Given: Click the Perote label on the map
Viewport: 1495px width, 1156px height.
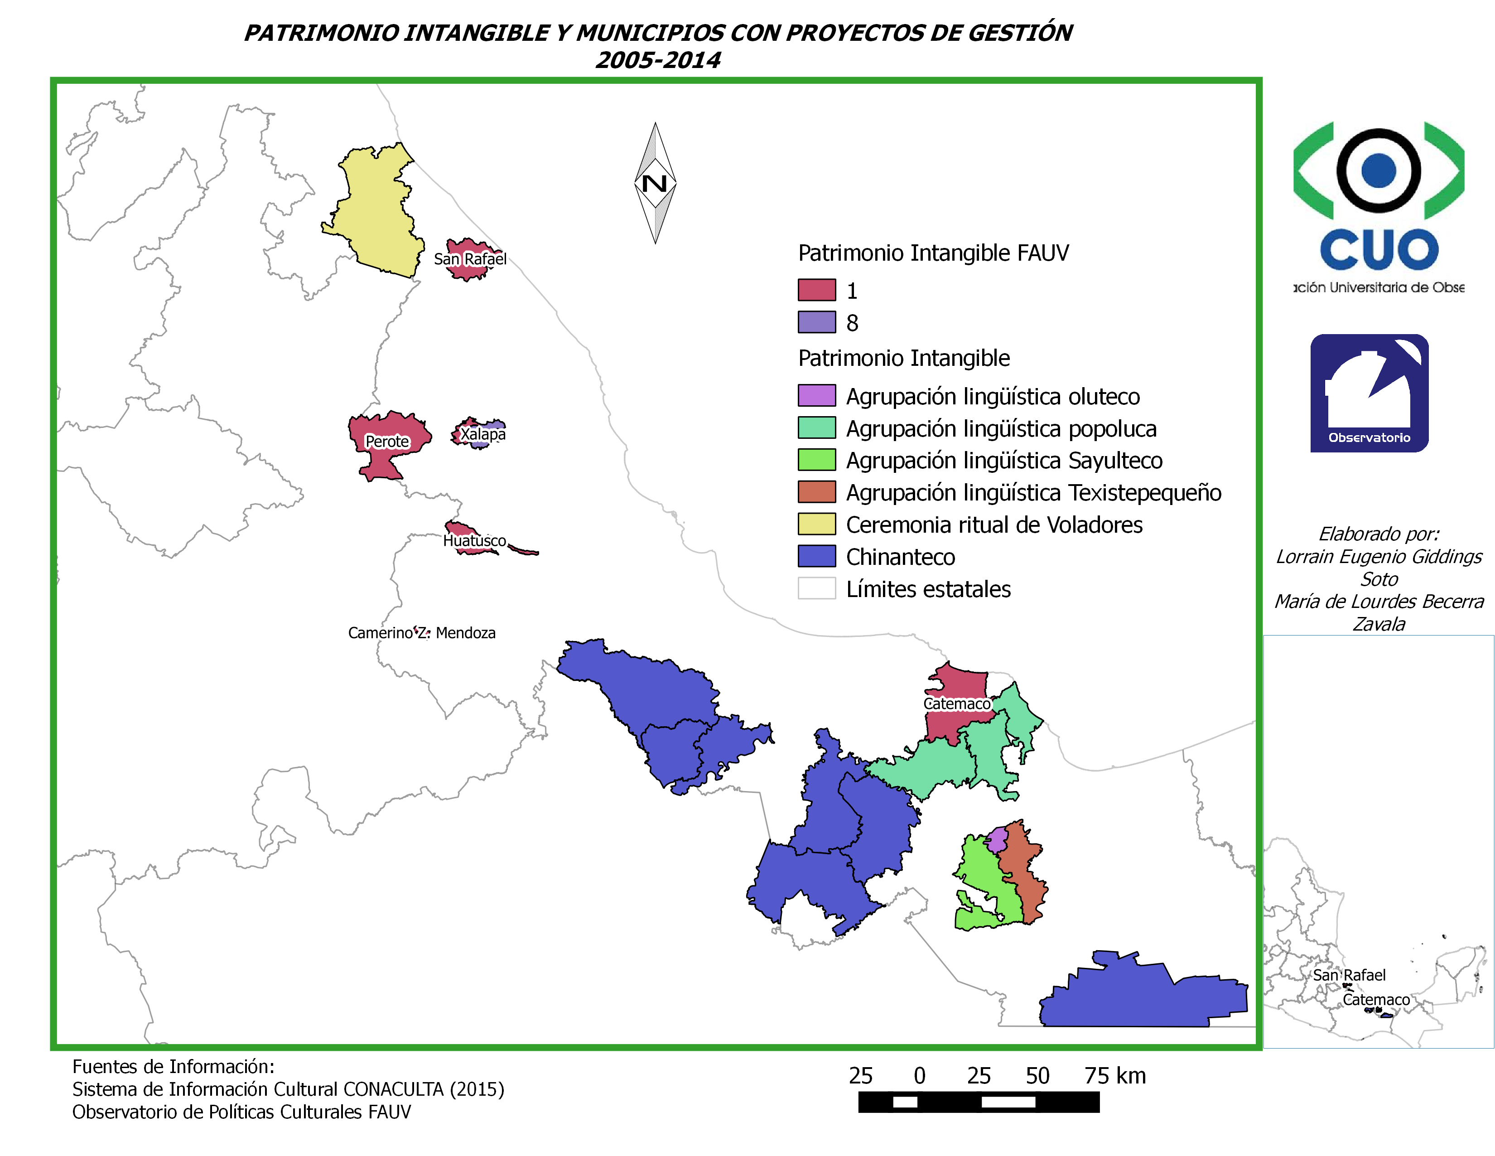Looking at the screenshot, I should (387, 442).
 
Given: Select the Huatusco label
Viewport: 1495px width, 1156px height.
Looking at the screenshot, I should (474, 541).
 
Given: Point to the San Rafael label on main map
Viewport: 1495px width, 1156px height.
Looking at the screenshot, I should (470, 259).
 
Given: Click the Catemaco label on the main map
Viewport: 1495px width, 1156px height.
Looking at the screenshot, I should (957, 704).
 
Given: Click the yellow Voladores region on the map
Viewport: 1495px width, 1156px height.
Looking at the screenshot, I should (376, 212).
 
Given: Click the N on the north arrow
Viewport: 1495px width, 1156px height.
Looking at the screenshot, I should (655, 184).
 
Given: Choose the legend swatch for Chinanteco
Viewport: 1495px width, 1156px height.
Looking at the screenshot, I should (817, 556).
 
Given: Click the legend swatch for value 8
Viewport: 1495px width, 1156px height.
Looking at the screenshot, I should (817, 322).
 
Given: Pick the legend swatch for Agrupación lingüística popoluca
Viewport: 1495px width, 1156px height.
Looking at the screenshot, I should (817, 428).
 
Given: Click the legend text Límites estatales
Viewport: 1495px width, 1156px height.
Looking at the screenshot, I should (928, 589).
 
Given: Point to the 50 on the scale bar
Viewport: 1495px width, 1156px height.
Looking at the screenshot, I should (1037, 1076).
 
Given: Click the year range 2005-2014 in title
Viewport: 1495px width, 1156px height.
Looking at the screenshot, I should (658, 60).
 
